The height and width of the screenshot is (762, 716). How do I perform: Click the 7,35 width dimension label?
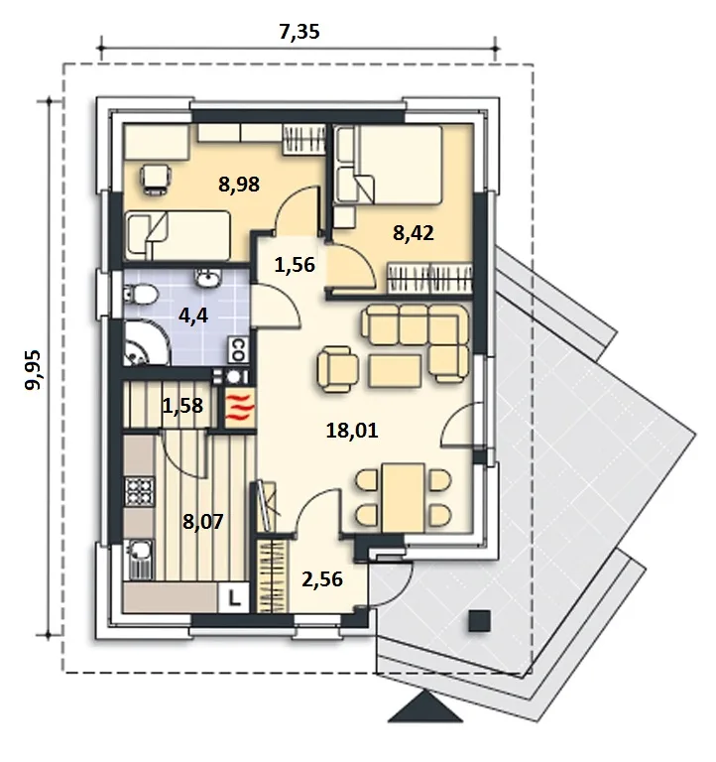click(x=299, y=32)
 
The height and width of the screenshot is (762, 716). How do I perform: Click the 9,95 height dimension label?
click(x=34, y=370)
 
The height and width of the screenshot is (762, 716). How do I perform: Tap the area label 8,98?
click(x=239, y=185)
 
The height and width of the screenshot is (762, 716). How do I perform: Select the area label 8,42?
click(x=413, y=233)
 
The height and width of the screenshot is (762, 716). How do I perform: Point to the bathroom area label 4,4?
click(x=193, y=316)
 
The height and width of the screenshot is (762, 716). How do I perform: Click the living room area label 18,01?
click(x=352, y=431)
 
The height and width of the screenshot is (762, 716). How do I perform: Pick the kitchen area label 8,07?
click(x=202, y=522)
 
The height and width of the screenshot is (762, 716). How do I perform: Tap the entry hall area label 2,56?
click(x=322, y=579)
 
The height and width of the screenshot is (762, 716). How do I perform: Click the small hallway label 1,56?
click(x=295, y=265)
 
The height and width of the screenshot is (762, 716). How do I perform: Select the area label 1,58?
click(x=182, y=406)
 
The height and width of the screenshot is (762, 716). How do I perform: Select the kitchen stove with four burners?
click(x=140, y=492)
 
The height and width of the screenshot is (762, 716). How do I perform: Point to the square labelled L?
click(x=234, y=597)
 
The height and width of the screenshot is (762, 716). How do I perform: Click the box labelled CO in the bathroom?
click(x=238, y=350)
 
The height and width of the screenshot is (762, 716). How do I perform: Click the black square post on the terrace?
click(x=479, y=621)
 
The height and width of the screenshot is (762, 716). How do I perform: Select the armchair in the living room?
click(x=337, y=369)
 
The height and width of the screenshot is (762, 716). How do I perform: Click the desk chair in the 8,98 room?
click(x=155, y=180)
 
